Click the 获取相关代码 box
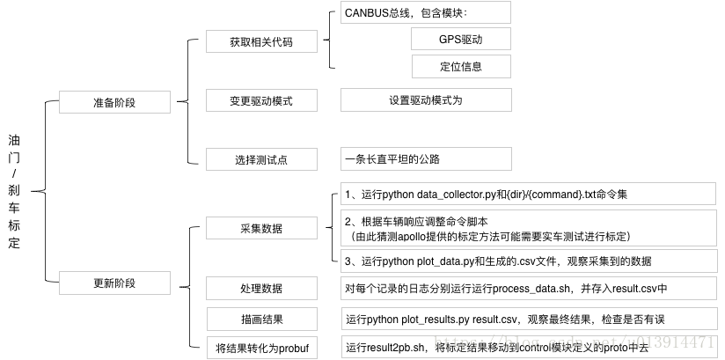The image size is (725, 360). [260, 41]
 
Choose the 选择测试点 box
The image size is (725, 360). [260, 159]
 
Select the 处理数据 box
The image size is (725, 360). [260, 288]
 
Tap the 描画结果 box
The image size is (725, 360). [260, 318]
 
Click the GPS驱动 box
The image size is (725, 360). [461, 40]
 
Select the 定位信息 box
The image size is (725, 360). [461, 66]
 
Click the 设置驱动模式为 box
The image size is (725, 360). [426, 100]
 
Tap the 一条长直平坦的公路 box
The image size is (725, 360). [425, 159]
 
